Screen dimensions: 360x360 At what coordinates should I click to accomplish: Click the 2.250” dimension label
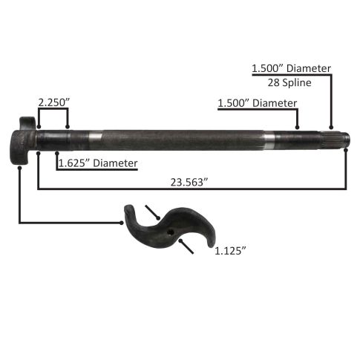(x=54, y=102)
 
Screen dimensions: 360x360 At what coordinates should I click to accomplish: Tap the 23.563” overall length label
(x=189, y=183)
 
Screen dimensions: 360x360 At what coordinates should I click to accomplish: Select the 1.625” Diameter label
(x=98, y=163)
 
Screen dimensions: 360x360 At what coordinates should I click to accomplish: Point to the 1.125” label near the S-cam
(x=231, y=251)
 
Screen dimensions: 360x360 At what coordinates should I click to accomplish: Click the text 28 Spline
(x=289, y=82)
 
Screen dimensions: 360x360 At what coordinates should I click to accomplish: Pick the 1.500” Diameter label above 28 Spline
(x=291, y=68)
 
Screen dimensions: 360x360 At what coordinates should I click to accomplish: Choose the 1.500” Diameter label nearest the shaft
(x=258, y=103)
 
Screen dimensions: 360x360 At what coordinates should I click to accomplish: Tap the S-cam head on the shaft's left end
(x=23, y=140)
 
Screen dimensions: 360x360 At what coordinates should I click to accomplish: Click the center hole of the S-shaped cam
(x=171, y=232)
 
